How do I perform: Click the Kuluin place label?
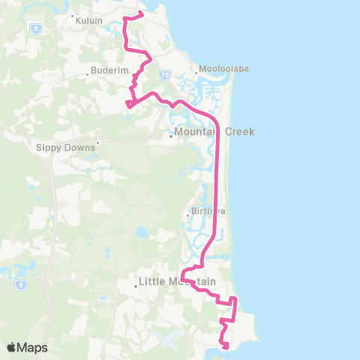tap(88, 21)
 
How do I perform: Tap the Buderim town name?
tap(104, 70)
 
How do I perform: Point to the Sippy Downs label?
tap(65, 148)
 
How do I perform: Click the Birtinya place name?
tap(205, 211)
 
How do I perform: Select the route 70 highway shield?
tap(165, 75)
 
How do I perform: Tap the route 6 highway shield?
tap(21, 285)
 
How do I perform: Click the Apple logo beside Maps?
tap(12, 347)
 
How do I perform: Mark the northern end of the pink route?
tap(142, 13)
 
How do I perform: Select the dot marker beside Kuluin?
tap(72, 16)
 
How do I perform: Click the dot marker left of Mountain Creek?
tap(170, 136)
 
